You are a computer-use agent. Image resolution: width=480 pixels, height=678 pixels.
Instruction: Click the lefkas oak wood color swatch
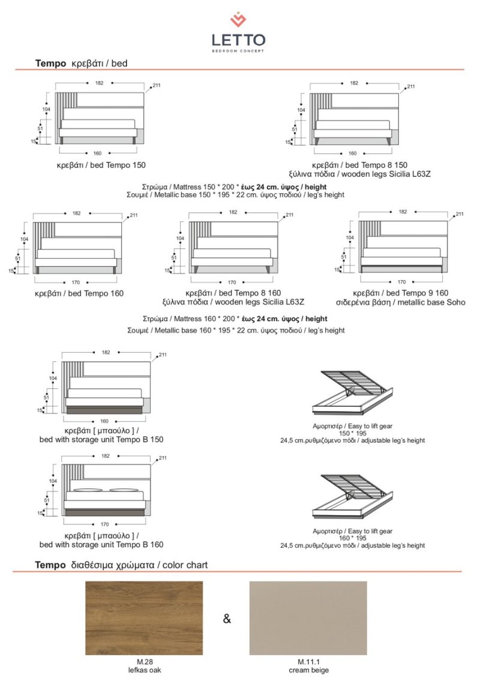click(x=144, y=618)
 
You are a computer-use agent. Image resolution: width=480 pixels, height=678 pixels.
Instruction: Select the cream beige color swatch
click(x=308, y=618)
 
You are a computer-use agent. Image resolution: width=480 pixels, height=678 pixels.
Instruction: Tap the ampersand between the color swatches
click(x=227, y=619)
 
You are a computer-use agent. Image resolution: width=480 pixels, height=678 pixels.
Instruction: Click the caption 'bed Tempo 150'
click(x=101, y=165)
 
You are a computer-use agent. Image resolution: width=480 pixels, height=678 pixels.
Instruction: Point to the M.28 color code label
click(x=144, y=662)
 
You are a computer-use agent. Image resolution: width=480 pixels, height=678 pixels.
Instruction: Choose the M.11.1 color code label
click(x=308, y=662)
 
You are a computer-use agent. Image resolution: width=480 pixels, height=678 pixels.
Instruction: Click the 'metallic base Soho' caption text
click(x=401, y=302)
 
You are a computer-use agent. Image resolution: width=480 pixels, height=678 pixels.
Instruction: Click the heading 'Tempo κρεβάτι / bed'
click(x=82, y=63)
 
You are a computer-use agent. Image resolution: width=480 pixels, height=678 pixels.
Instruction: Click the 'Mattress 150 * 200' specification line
click(x=235, y=187)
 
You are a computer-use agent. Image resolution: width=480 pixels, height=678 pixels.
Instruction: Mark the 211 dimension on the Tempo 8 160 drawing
click(x=290, y=215)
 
